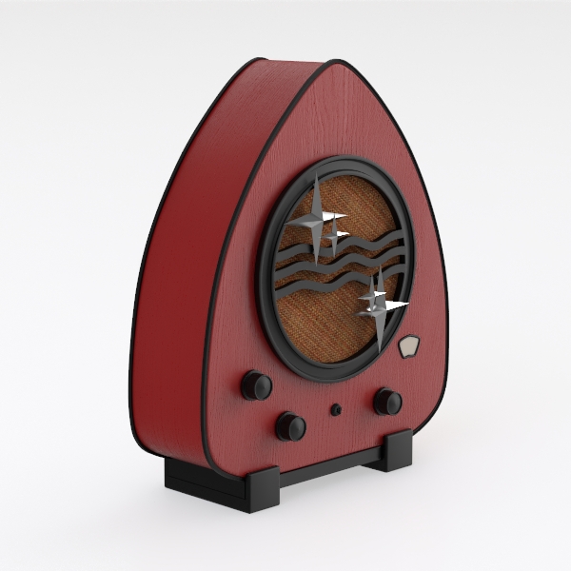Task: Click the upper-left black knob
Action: pyautogui.click(x=256, y=385)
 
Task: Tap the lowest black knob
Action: pyautogui.click(x=290, y=426)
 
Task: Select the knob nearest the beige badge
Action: pyautogui.click(x=387, y=402)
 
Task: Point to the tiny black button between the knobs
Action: pyautogui.click(x=336, y=410)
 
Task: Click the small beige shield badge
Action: pyautogui.click(x=410, y=347)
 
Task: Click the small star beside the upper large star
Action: pyautogui.click(x=335, y=235)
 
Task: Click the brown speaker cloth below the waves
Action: pyautogui.click(x=324, y=324)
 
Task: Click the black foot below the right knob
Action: pyautogui.click(x=395, y=449)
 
